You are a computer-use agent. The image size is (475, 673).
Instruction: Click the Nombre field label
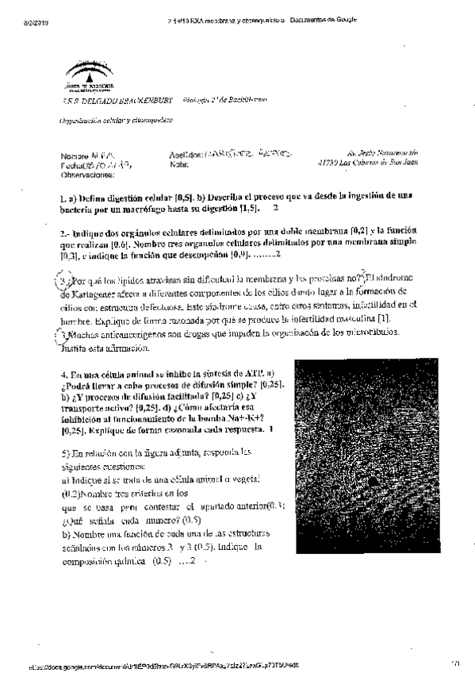[x=74, y=156]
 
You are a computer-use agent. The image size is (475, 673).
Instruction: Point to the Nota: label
[x=178, y=165]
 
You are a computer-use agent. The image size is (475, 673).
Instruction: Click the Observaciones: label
[x=87, y=174]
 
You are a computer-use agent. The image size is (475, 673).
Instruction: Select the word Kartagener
[x=86, y=292]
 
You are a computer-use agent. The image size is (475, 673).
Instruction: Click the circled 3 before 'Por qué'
[x=65, y=282]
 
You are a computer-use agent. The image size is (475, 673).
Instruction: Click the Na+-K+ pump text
[x=226, y=418]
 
